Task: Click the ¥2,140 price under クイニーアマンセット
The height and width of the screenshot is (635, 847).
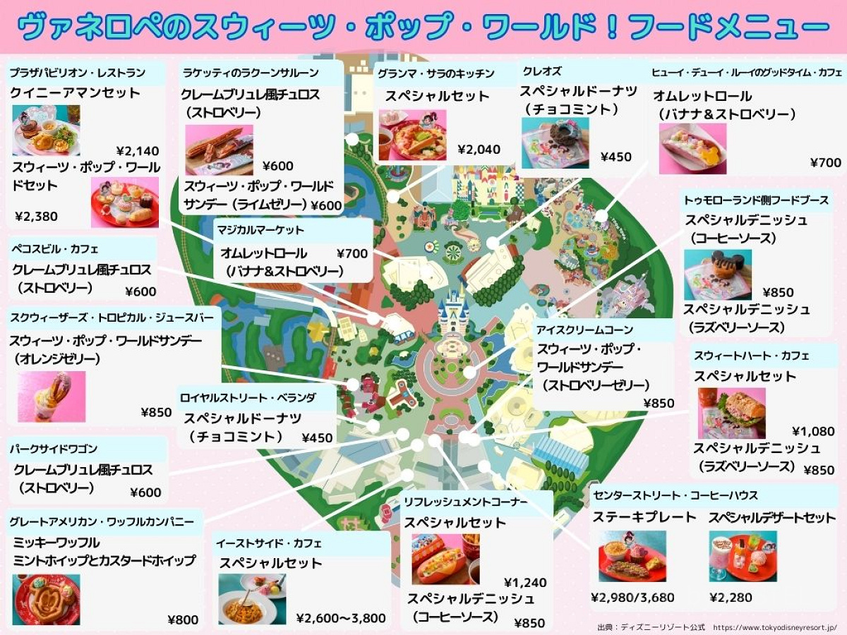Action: [138, 150]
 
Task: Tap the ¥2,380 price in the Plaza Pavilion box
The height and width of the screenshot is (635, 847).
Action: [37, 216]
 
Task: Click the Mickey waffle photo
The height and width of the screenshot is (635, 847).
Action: [46, 599]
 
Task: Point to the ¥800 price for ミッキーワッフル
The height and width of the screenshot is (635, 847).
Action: [183, 619]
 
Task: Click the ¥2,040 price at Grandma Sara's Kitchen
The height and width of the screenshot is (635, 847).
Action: [479, 149]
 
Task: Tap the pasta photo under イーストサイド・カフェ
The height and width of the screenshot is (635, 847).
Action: [251, 599]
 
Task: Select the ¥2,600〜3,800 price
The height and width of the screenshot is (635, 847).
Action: [341, 618]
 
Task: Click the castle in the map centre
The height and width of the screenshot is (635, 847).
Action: [454, 310]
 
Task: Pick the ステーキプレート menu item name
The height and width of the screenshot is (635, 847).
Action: [644, 517]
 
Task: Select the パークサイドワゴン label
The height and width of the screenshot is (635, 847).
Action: [54, 449]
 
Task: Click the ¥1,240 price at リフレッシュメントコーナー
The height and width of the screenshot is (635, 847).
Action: [525, 582]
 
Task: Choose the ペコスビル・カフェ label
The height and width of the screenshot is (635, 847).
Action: [55, 249]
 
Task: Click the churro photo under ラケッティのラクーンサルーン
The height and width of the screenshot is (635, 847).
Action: [219, 150]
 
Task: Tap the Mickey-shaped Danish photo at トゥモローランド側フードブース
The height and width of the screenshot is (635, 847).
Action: [717, 275]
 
